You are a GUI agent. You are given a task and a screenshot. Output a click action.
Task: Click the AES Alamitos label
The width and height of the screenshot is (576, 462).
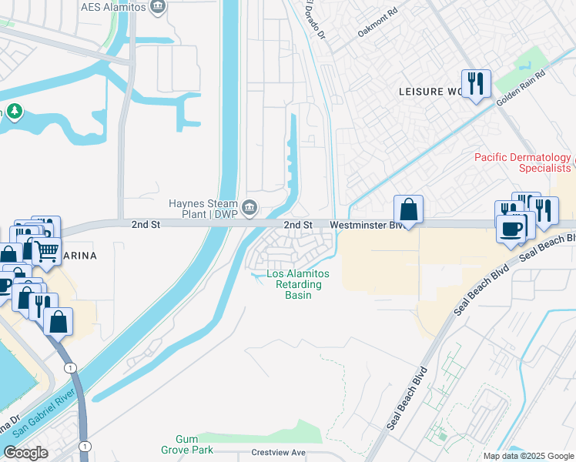[114, 7]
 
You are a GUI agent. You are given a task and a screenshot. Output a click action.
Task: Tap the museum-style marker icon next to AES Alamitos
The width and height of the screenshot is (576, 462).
[158, 7]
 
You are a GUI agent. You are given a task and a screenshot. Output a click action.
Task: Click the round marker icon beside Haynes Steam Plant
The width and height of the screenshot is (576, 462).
[249, 207]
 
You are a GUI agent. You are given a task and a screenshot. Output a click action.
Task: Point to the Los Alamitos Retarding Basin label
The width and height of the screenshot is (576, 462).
[297, 284]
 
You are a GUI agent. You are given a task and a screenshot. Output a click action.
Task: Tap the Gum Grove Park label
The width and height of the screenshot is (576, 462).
[181, 444]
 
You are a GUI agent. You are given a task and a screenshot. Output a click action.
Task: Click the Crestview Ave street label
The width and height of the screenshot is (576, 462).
[278, 453]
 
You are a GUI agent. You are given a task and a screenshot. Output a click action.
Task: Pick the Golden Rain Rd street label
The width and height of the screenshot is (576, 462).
[521, 90]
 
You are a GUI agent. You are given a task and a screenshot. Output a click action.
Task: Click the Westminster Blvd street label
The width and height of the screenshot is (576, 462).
[367, 225]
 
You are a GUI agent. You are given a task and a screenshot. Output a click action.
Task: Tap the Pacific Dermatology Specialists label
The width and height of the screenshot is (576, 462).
[523, 162]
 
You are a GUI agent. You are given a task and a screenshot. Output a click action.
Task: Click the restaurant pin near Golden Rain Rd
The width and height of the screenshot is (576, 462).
[476, 83]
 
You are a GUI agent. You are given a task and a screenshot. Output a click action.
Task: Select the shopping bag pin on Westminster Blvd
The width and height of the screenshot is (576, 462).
[408, 209]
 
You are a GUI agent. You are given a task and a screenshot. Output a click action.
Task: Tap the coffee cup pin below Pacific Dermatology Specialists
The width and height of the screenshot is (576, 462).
[511, 228]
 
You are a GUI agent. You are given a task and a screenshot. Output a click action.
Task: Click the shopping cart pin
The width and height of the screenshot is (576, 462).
[47, 252]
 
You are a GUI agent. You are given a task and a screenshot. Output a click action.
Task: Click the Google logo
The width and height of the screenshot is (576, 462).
[25, 453]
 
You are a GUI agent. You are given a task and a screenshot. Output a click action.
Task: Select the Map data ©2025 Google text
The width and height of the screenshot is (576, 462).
[527, 456]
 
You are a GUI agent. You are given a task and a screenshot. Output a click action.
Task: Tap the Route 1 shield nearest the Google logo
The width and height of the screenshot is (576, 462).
[84, 446]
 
